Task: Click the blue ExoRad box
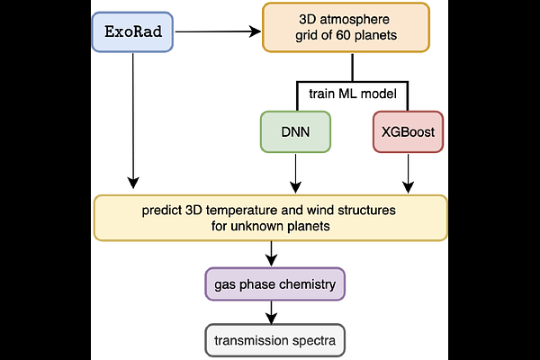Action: click(131, 32)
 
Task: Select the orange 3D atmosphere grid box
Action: click(352, 28)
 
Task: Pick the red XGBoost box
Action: click(409, 131)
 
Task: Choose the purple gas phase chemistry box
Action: click(274, 284)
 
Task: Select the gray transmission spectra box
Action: click(274, 341)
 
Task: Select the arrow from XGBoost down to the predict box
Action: click(409, 173)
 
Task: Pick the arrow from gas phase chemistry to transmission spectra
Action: click(271, 312)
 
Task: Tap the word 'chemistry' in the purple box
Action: click(304, 284)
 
